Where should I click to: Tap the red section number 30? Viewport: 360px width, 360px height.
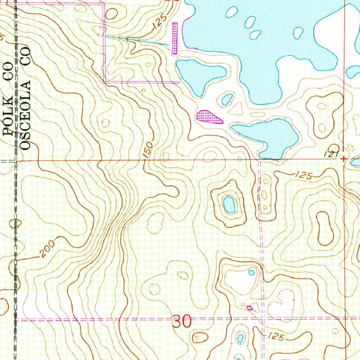182,321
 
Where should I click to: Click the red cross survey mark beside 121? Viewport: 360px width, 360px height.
343,159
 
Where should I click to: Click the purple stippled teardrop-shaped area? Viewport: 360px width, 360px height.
209,117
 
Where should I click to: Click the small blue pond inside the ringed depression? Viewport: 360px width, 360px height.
229,204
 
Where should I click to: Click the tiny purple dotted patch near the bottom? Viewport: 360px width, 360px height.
250,308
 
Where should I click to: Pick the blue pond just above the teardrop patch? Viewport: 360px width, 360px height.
227,99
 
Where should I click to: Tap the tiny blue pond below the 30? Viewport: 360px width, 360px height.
240,338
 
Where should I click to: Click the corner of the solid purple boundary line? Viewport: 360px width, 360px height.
105,82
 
